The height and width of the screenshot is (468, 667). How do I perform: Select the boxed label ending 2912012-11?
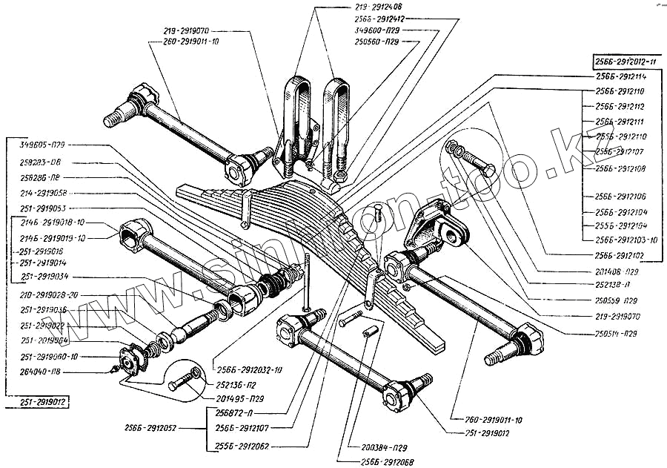click(624, 62)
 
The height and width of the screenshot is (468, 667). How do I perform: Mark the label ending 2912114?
click(621, 76)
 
